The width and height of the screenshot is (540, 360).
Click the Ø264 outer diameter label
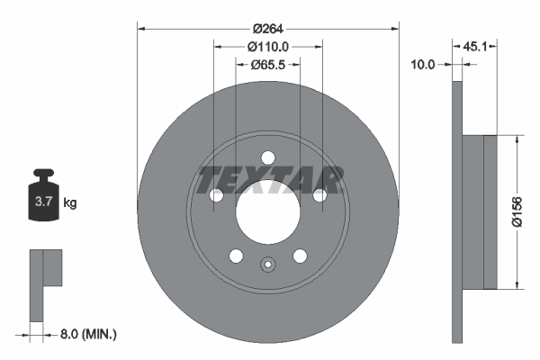[267, 27]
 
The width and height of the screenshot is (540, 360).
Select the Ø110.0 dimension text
[267, 47]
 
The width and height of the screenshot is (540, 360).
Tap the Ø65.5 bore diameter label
[267, 65]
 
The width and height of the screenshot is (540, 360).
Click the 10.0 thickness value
[422, 64]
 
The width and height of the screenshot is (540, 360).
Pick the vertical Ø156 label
[517, 212]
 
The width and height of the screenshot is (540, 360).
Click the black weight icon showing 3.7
[42, 200]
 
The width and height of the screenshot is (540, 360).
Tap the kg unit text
[69, 203]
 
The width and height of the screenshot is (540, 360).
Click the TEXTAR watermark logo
[269, 179]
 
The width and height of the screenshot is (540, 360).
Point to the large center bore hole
[267, 212]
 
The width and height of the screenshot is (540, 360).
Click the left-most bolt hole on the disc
[215, 195]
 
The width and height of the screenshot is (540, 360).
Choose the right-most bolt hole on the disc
[319, 195]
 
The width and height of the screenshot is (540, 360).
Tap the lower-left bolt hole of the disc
[235, 256]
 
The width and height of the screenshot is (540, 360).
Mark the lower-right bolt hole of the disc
[300, 256]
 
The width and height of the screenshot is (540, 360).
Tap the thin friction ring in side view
[456, 212]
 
